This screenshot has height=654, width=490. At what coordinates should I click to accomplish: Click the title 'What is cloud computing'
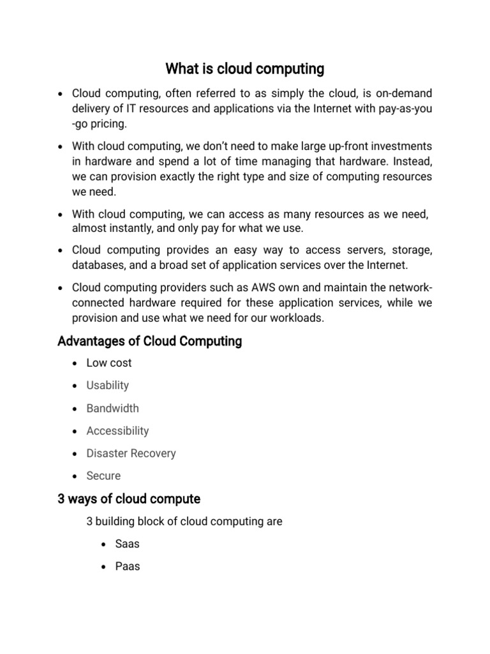tap(245, 68)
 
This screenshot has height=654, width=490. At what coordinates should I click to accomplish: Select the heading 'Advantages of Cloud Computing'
tap(149, 341)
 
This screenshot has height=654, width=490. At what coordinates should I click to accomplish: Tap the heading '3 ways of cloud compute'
tap(129, 499)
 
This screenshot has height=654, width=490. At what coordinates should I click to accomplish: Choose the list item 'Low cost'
tap(109, 363)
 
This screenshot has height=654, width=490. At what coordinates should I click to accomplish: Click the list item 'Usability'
tap(108, 385)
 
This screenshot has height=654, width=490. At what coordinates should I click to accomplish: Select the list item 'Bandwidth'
tap(112, 408)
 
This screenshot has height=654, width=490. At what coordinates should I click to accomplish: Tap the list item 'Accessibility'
tap(117, 430)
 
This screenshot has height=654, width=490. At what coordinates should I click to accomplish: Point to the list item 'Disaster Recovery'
tap(131, 453)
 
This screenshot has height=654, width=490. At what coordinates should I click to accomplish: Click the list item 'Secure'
tap(103, 476)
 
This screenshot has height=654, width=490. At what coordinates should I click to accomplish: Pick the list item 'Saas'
tap(127, 544)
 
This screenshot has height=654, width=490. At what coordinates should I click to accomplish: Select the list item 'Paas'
tap(127, 567)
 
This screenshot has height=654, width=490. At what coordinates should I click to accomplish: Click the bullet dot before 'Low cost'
tap(75, 363)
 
